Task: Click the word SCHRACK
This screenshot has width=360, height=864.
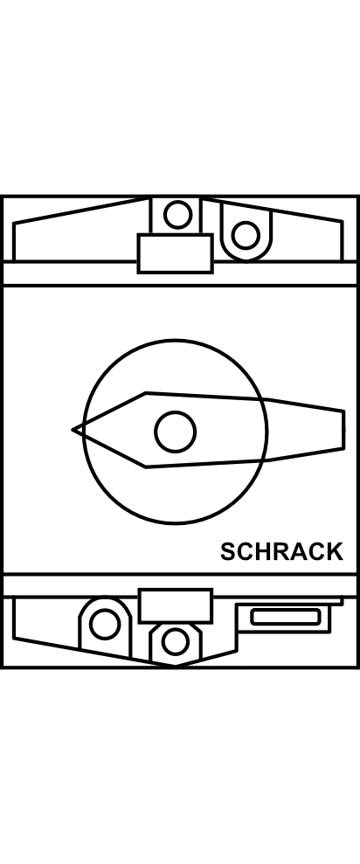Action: pos(281,551)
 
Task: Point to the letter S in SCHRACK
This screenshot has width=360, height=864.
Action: pos(228,551)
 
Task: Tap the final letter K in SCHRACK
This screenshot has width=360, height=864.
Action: pos(334,551)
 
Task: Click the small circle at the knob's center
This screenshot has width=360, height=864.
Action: pos(176,432)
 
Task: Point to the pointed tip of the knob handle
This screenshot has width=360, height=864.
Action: pos(73,429)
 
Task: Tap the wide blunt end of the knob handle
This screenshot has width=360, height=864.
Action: pos(344,430)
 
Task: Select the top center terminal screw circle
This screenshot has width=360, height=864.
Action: pos(178,215)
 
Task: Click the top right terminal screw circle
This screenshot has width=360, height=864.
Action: pos(246,235)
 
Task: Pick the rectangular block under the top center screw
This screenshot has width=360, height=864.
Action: pos(176,253)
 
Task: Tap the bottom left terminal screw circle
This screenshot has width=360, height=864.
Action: pos(105,625)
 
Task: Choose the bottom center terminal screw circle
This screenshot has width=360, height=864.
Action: pos(176,642)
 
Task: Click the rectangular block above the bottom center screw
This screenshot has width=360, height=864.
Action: pos(176,605)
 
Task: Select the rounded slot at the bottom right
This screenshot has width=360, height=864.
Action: pos(285,617)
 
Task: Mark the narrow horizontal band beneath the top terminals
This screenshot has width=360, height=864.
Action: pos(180,273)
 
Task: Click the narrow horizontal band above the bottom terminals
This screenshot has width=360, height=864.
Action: pos(180,585)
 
